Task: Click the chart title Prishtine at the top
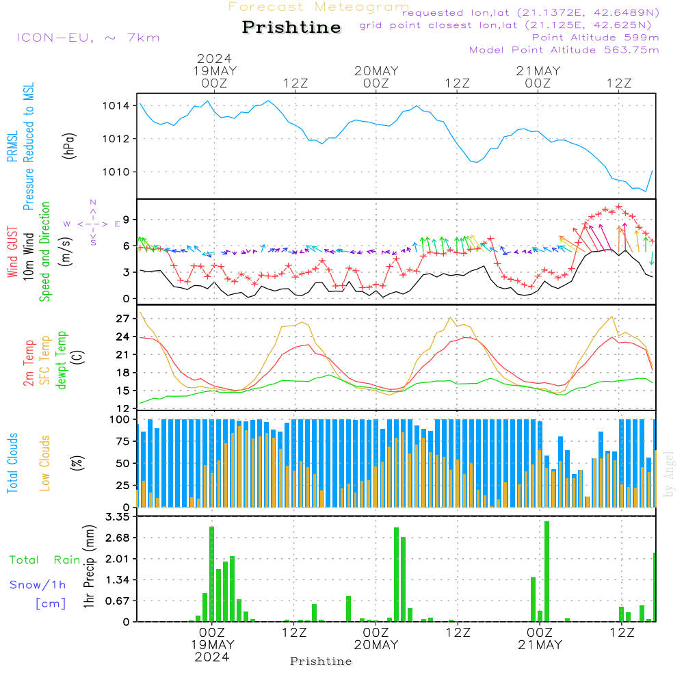[291, 27]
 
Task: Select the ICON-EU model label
[87, 38]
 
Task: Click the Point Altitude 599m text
[595, 38]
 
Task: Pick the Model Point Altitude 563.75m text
[564, 50]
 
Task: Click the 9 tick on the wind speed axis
[125, 220]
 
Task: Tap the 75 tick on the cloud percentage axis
[121, 441]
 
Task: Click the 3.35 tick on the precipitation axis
[117, 517]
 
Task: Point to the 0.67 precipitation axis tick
[117, 601]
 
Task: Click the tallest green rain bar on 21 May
[547, 571]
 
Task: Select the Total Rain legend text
[45, 560]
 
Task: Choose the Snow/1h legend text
[38, 585]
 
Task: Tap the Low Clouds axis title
[46, 462]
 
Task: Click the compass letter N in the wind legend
[93, 202]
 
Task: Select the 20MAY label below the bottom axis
[376, 645]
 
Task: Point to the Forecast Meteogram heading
[319, 8]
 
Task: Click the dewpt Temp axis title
[61, 360]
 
